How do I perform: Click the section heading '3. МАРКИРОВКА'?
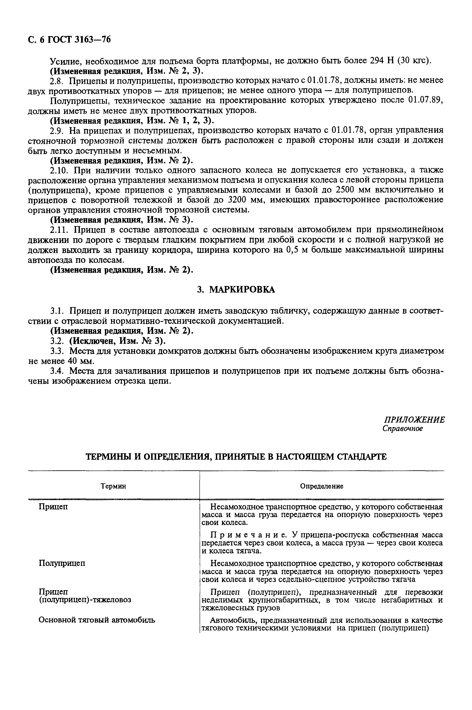pyautogui.click(x=236, y=290)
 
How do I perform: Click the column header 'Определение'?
pyautogui.click(x=322, y=486)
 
